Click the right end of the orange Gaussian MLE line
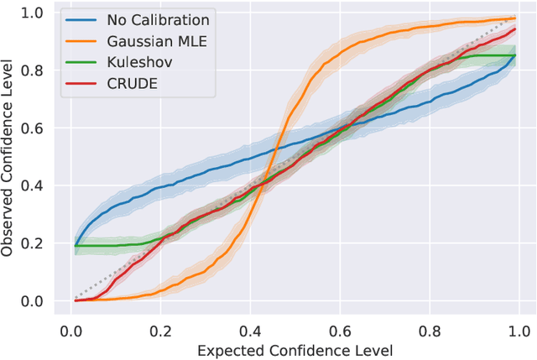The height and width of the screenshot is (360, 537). [x=514, y=18]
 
